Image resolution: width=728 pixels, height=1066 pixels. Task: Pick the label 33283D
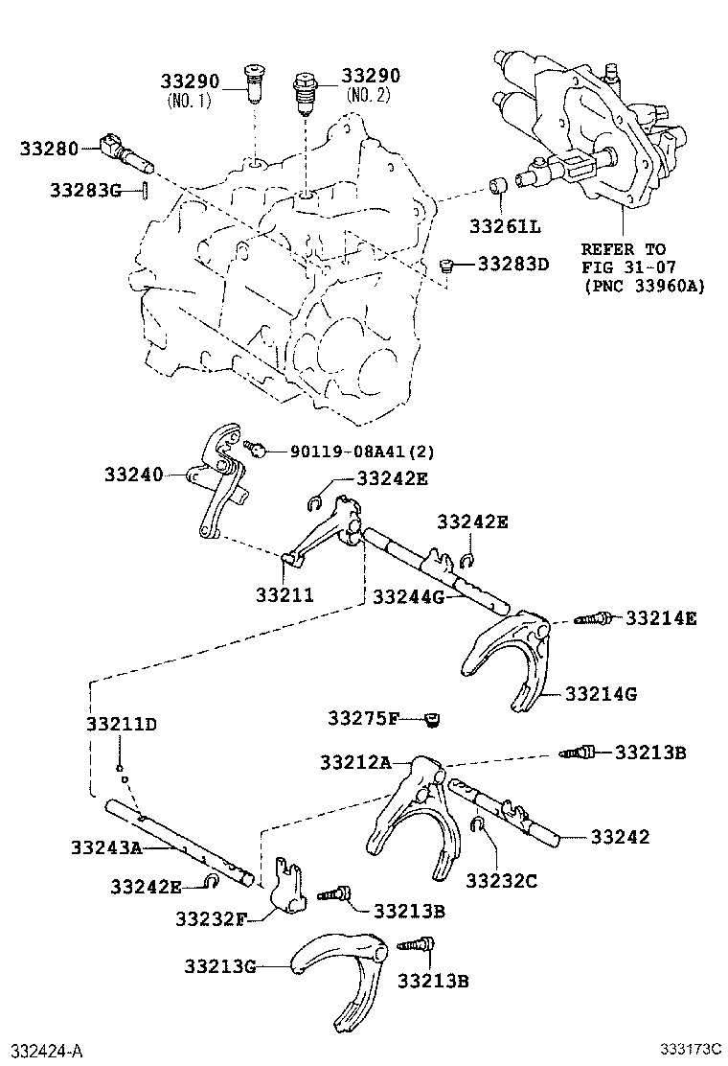click(x=513, y=263)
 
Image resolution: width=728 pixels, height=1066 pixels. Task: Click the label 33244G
click(x=409, y=597)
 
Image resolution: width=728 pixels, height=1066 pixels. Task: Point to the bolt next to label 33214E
click(x=592, y=619)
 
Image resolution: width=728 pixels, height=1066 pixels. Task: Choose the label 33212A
click(x=355, y=763)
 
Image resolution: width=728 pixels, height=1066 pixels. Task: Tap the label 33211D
click(x=121, y=724)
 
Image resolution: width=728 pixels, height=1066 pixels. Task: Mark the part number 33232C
click(x=502, y=879)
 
